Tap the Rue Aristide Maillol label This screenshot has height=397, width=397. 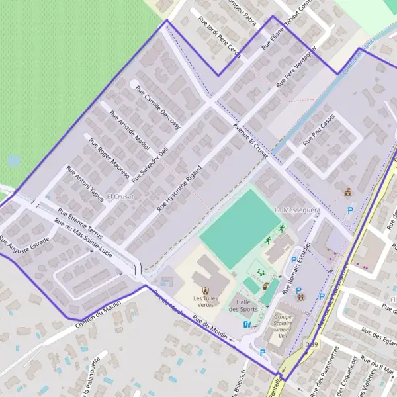pyautogui.click(x=130, y=130)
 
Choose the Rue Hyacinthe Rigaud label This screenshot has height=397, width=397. pyautogui.click(x=179, y=189)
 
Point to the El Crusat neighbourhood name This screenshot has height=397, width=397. pyautogui.click(x=120, y=197)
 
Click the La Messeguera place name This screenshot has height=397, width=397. pyautogui.click(x=298, y=210)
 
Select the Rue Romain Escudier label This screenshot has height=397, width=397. pyautogui.click(x=296, y=267)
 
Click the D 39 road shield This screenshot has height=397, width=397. pyautogui.click(x=312, y=345)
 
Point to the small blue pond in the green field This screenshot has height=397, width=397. pyautogui.click(x=13, y=161)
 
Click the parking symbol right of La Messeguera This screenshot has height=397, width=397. pyautogui.click(x=350, y=211)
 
